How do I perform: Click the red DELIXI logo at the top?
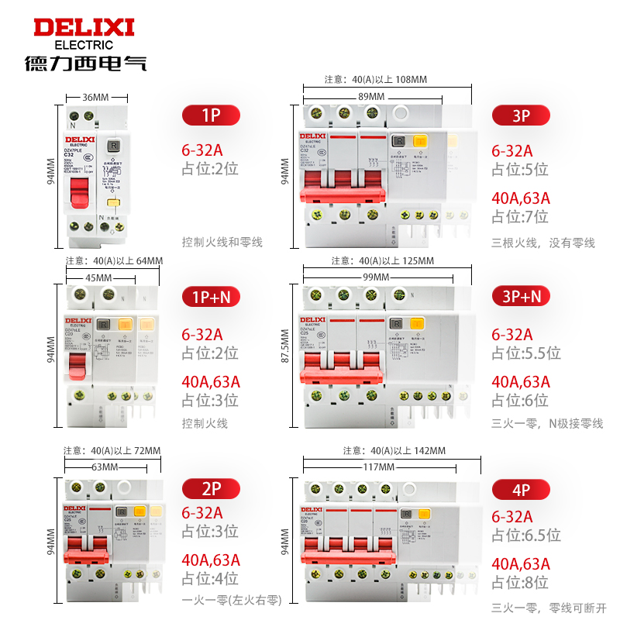tap(84, 28)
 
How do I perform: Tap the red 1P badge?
tap(211, 115)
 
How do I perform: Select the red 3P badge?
tap(522, 115)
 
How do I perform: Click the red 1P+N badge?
tap(211, 297)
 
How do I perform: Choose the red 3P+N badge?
tap(522, 297)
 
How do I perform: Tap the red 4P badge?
tap(522, 490)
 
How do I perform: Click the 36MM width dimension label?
tap(95, 97)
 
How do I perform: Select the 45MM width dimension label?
tap(98, 277)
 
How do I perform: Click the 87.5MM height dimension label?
tap(285, 354)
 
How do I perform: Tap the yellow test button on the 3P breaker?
tap(419, 142)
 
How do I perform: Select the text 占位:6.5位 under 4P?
tap(525, 535)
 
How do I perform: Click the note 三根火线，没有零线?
tap(542, 243)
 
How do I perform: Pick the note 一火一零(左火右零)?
tap(231, 600)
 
